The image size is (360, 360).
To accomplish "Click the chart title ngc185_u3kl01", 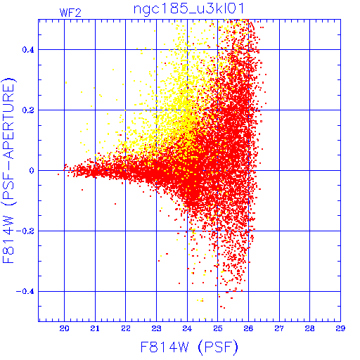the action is (188, 9).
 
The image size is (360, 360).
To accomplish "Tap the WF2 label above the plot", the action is (70, 13).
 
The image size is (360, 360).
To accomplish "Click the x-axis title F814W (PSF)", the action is (189, 347).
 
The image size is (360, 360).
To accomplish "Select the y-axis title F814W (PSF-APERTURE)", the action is (8, 170).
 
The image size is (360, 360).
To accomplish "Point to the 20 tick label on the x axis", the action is (64, 328).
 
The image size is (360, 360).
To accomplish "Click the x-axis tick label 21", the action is (95, 328).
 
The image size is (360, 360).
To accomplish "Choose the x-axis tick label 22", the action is (126, 328).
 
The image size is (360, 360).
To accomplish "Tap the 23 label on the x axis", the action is (156, 328).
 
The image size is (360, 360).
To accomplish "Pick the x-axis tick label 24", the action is (187, 328).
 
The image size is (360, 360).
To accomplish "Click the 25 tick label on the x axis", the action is (218, 328).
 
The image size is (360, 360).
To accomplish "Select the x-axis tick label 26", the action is (248, 328).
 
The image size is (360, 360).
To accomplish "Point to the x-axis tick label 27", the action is (279, 328).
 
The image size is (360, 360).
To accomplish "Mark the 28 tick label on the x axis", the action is (310, 328).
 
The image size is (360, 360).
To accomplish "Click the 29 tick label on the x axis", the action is (340, 328).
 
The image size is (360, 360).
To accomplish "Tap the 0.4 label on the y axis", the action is (28, 50).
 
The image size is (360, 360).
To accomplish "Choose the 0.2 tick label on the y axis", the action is (28, 110).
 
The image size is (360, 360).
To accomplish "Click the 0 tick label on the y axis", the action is (32, 171).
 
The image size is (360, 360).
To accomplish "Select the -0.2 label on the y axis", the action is (25, 231).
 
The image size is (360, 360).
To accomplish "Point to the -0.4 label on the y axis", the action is (25, 292).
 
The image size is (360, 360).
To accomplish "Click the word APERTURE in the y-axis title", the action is (8, 120).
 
